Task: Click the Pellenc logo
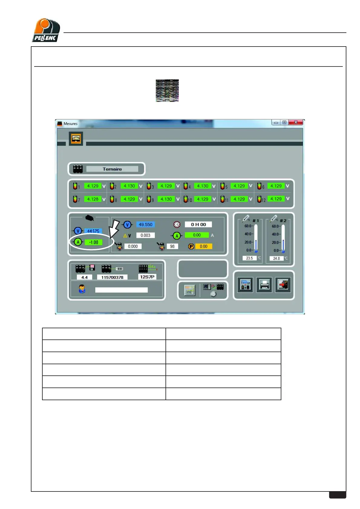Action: (x=46, y=30)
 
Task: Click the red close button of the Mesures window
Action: (x=296, y=122)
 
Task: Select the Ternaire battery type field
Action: (x=112, y=169)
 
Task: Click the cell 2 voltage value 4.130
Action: (x=129, y=186)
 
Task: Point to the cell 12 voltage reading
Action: (x=276, y=199)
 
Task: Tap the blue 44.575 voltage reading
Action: (x=93, y=231)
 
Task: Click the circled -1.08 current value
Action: (x=93, y=242)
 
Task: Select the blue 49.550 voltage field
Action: (x=146, y=224)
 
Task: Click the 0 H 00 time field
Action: (x=198, y=224)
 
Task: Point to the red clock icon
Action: (x=177, y=224)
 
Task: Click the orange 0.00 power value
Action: (x=204, y=246)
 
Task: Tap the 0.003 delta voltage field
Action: (x=145, y=235)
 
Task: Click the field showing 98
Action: (x=172, y=246)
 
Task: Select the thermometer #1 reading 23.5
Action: (x=249, y=258)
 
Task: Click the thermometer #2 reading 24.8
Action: (x=277, y=258)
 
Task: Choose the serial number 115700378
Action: (x=112, y=277)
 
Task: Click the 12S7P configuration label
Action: (x=147, y=277)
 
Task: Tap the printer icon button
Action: (x=264, y=285)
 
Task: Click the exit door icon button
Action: (x=283, y=285)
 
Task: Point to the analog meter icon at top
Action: (x=76, y=139)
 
